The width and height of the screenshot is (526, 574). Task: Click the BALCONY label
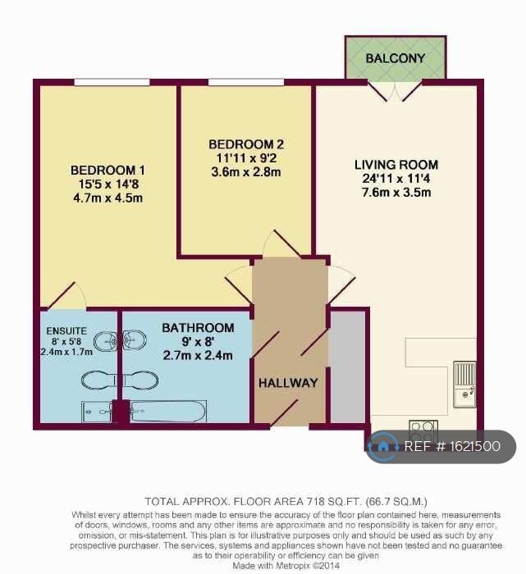point(396,58)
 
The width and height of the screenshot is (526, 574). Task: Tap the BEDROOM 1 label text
point(107,171)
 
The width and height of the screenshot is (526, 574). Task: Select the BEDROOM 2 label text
point(246,144)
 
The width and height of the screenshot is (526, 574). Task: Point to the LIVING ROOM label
point(396,165)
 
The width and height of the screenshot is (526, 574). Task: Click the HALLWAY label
point(288,383)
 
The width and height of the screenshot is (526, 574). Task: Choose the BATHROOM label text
point(198,328)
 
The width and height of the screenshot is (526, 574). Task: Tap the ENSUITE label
point(66,331)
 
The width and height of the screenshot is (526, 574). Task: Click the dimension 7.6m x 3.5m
point(396,192)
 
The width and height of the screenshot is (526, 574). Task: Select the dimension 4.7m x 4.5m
point(107,198)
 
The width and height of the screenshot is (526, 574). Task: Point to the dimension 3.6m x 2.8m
point(246,171)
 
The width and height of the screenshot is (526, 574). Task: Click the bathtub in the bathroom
point(168,412)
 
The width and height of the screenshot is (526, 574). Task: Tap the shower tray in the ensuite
point(97,412)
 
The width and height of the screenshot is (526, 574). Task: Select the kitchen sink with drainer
point(464,384)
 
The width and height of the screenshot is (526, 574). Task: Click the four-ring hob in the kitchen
point(423,432)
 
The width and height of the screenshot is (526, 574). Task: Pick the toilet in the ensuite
point(99,380)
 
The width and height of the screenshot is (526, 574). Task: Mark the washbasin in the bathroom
point(135,341)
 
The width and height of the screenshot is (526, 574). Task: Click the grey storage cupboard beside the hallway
point(348,367)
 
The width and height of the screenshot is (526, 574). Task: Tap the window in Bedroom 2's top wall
point(246,82)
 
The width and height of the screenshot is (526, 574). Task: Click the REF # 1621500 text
point(452,446)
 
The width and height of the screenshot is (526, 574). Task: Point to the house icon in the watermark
point(383,446)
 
